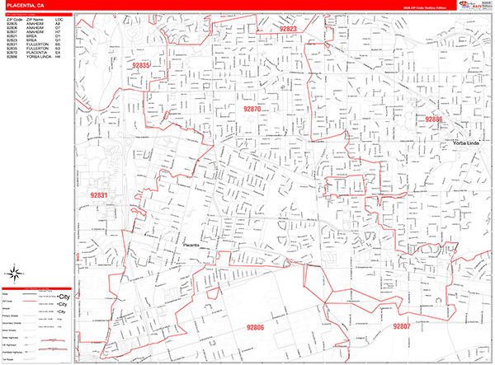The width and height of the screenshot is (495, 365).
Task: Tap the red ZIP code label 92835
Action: (141, 65)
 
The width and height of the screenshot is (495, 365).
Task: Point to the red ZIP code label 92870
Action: (252, 109)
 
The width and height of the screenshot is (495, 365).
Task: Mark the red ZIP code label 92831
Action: (98, 194)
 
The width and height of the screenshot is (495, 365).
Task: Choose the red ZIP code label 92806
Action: (254, 327)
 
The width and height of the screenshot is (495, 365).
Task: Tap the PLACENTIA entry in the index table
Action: (35, 53)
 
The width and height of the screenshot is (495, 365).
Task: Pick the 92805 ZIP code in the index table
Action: (12, 23)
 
